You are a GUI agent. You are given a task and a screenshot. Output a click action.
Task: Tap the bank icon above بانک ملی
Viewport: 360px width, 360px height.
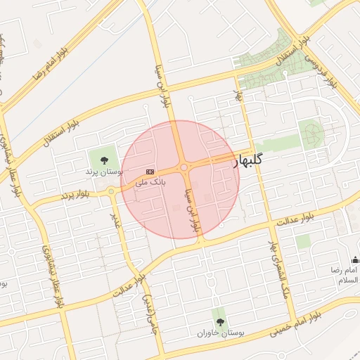point(150,171)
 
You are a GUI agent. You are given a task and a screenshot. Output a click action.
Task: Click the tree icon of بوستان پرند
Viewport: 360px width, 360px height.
point(105,160)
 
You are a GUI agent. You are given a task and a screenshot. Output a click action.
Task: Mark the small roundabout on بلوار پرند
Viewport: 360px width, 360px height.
point(111,191)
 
